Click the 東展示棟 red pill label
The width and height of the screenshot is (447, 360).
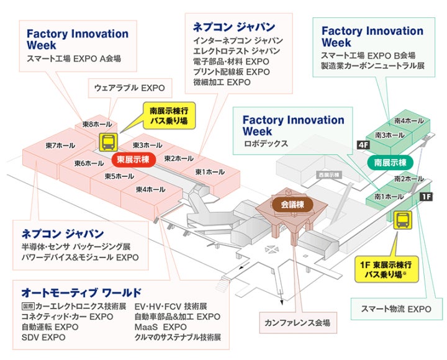[132, 160]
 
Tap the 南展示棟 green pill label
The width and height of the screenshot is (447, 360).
[391, 163]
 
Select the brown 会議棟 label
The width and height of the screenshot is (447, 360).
[291, 204]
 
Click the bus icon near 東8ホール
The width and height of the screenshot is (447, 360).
[107, 142]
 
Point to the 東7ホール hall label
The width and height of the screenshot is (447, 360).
[60, 145]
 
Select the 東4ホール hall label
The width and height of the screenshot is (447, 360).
[151, 189]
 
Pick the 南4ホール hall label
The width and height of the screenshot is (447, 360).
[408, 122]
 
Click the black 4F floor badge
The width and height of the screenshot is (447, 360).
[363, 145]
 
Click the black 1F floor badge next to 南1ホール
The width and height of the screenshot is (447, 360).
[425, 197]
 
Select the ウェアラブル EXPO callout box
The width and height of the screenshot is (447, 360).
[130, 88]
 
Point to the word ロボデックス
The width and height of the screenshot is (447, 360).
[266, 143]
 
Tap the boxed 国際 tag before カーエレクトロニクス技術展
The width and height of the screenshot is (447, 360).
[27, 307]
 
